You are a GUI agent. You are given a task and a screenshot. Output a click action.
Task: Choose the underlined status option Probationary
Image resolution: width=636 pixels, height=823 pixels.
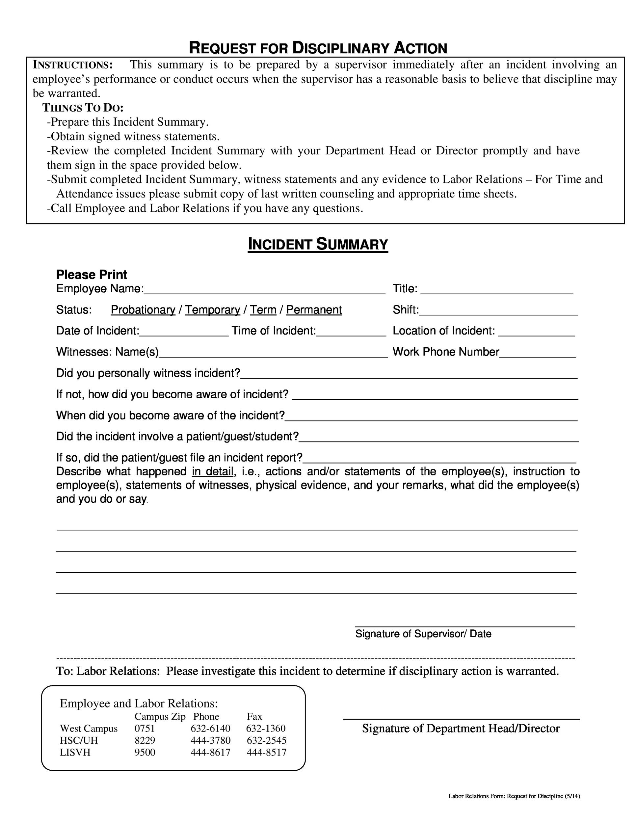[x=143, y=310]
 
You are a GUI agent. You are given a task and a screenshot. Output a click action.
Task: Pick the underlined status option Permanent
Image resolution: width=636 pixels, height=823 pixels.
[x=314, y=310]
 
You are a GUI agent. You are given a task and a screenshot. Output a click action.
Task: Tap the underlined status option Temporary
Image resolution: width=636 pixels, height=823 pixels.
[x=213, y=310]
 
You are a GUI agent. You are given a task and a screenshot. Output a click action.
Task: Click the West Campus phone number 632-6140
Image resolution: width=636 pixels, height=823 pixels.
[x=210, y=729]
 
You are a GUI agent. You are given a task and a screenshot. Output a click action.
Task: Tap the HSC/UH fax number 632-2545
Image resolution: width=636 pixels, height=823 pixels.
[x=266, y=740]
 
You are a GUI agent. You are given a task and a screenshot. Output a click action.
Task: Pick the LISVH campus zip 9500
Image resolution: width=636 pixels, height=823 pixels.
[x=145, y=753]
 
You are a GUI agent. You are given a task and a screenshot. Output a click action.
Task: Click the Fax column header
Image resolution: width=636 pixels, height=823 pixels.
[x=254, y=716]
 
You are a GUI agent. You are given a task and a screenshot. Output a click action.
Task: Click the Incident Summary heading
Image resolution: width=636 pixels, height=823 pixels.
[x=318, y=245]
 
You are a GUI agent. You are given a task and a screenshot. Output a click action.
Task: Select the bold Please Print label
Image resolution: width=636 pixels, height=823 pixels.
[x=92, y=274]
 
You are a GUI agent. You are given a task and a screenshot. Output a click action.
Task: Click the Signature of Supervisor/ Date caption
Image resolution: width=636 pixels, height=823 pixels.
[x=423, y=634]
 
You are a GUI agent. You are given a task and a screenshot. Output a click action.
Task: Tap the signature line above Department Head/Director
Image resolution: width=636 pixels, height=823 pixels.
[x=461, y=719]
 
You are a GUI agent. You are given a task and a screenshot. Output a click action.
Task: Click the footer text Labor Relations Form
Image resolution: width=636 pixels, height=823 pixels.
[x=514, y=796]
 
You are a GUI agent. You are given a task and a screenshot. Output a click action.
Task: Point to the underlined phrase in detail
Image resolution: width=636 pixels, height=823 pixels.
[x=213, y=471]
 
